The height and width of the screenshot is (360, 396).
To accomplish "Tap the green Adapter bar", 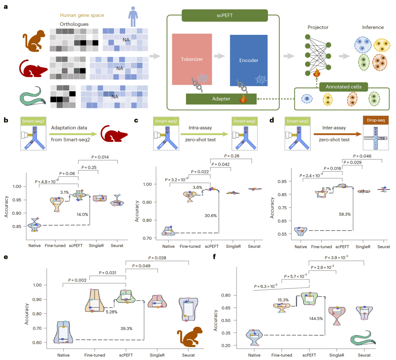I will pyautogui.click(x=221, y=99).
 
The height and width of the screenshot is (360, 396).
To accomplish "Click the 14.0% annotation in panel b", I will pyautogui.click(x=82, y=214).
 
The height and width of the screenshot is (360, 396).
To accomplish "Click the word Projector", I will pyautogui.click(x=318, y=27).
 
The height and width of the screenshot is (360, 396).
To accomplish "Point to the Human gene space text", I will pyautogui.click(x=82, y=15).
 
